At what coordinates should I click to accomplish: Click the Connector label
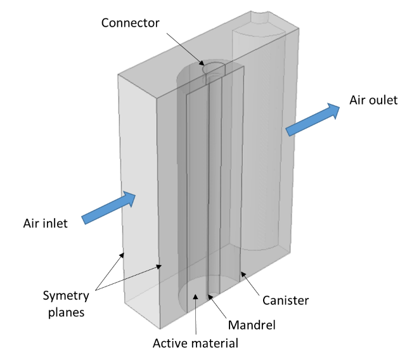pos(131,24)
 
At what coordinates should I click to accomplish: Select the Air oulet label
pos(373,100)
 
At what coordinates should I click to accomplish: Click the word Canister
pos(285,300)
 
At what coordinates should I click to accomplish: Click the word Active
pos(170,344)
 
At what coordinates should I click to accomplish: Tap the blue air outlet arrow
pos(313,119)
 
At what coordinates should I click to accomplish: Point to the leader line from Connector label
pos(183,47)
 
